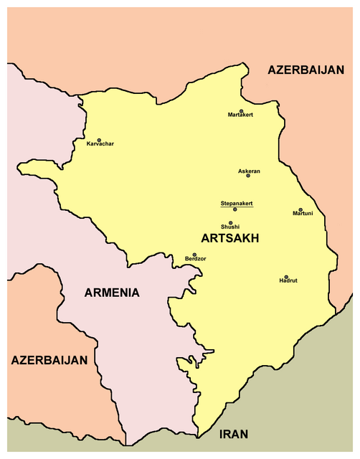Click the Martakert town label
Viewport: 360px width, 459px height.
(x=240, y=115)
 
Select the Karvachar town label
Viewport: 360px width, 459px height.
(x=100, y=144)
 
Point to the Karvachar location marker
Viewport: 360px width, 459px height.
(x=99, y=139)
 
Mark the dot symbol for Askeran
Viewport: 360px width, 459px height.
(x=248, y=176)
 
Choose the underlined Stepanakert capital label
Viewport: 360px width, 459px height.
(x=236, y=203)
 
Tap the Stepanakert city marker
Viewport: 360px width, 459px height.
(x=235, y=209)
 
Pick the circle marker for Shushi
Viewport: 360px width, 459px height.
(x=231, y=222)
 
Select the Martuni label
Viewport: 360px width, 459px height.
(x=303, y=214)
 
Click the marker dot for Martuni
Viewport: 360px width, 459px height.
(x=300, y=209)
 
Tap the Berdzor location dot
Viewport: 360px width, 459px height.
(x=194, y=254)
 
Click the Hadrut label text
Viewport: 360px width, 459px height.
(x=288, y=281)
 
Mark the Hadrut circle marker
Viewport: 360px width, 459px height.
(x=286, y=277)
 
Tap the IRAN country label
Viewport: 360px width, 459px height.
(x=235, y=435)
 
